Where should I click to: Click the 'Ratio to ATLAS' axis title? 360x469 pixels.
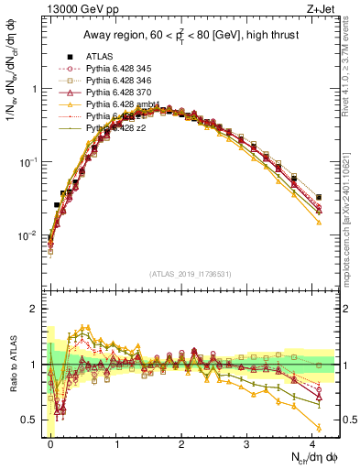tap(12, 365)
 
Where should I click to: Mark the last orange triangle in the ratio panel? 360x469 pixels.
tap(319, 428)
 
